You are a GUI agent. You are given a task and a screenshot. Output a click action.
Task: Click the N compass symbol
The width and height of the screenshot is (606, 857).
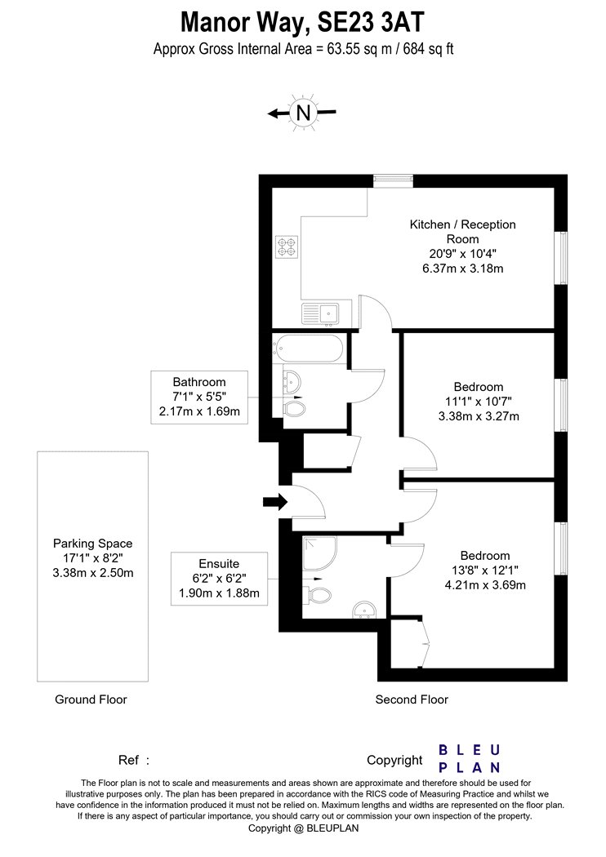[x=303, y=113]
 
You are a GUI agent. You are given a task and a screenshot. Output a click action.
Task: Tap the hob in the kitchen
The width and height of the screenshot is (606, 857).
[x=287, y=246]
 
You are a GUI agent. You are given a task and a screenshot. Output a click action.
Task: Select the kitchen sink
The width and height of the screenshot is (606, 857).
[x=320, y=313]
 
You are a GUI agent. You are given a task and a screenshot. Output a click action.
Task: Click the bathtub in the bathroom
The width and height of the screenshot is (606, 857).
[x=310, y=348]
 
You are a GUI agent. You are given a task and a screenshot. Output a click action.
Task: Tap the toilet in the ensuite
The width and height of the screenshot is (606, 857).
[x=319, y=595]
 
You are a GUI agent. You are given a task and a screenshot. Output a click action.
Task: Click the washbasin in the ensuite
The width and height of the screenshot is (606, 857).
[x=363, y=610]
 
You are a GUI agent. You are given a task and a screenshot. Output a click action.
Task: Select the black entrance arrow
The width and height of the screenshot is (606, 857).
[x=275, y=501]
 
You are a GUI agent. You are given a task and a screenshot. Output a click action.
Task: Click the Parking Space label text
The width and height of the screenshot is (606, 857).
[x=92, y=544]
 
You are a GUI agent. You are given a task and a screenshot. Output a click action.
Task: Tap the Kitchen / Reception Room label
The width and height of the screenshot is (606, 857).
[x=463, y=232]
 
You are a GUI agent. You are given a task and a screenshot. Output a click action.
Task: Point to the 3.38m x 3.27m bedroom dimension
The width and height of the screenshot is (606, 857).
[x=479, y=416]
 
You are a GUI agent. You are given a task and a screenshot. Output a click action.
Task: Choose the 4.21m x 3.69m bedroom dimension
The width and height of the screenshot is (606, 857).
[x=485, y=585]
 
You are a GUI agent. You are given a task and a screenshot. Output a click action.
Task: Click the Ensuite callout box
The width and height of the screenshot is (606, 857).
[x=220, y=578]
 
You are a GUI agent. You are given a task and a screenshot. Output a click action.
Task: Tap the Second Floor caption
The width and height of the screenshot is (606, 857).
[x=412, y=699]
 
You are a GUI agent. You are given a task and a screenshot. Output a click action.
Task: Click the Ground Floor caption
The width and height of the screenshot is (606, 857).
[x=91, y=699]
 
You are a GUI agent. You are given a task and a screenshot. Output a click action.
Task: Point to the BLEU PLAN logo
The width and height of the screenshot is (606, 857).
[x=470, y=758]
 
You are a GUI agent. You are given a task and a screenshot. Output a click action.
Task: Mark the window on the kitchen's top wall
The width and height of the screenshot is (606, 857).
[x=393, y=181]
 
